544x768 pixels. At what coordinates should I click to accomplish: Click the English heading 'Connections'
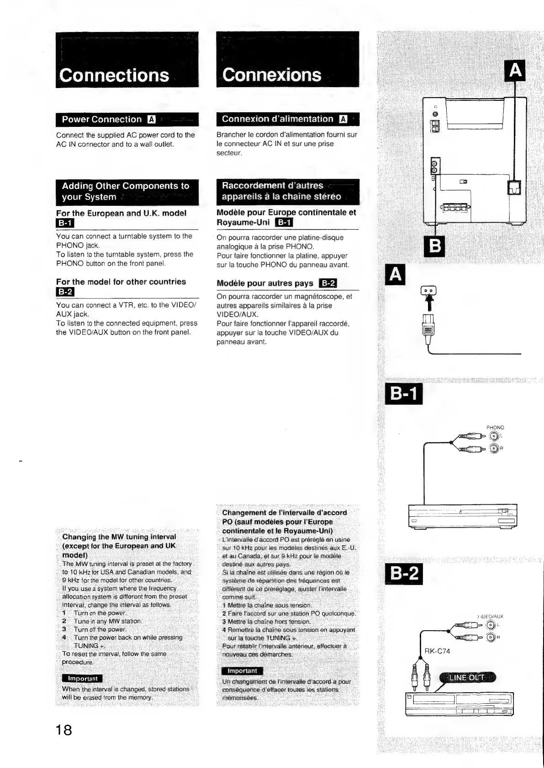[114, 75]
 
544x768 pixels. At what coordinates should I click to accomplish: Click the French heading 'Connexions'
[272, 75]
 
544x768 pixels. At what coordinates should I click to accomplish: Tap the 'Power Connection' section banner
[102, 120]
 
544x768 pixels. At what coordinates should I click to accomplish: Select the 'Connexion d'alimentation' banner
[278, 119]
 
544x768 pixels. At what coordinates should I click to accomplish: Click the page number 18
[64, 730]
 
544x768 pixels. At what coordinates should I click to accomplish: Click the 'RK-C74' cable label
[437, 651]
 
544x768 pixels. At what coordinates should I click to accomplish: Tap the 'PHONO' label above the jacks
[495, 428]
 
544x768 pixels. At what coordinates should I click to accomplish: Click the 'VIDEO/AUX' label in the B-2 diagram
[490, 616]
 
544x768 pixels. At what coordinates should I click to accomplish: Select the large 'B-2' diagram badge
[404, 574]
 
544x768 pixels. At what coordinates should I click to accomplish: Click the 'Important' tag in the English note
[82, 679]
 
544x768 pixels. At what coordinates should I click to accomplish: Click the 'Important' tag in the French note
[242, 671]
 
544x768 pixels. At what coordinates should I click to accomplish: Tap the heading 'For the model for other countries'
[121, 282]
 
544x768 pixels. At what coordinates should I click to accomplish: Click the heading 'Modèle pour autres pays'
[265, 283]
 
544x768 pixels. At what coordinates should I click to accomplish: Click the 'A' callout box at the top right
[515, 70]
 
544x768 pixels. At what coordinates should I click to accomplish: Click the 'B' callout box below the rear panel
[435, 248]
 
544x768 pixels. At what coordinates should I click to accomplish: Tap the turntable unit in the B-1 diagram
[462, 515]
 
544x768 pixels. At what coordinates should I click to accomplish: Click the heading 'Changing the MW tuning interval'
[119, 537]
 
